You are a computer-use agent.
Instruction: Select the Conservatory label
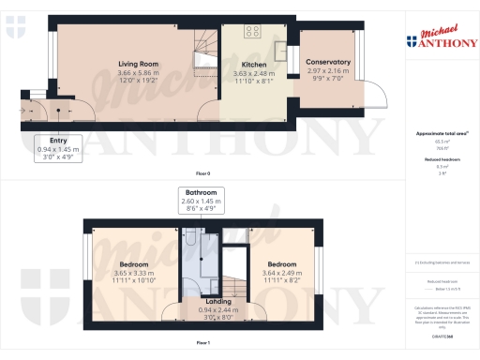tap(328, 62)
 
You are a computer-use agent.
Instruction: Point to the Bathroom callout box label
tap(202, 193)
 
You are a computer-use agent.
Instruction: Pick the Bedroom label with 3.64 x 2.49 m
tap(280, 264)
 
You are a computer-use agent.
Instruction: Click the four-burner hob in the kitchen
tap(252, 32)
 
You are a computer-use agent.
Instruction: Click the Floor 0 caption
tap(203, 173)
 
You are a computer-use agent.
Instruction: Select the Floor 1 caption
tap(203, 344)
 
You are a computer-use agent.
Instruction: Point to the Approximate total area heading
tap(442, 134)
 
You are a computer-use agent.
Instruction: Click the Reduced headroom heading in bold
tap(442, 160)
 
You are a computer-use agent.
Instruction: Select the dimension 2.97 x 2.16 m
tap(328, 71)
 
